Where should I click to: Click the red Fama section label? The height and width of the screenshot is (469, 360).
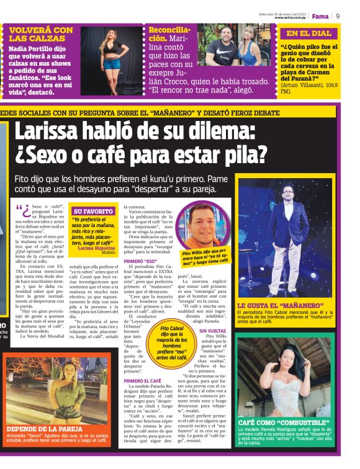[320, 16]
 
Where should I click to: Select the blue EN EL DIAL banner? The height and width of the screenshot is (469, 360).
[308, 33]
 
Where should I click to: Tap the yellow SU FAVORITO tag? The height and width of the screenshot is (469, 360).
[93, 211]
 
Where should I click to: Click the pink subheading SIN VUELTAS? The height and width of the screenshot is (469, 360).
[212, 331]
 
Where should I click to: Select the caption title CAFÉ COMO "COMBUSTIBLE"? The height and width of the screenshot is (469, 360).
[277, 422]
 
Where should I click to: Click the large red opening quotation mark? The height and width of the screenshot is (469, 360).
[22, 211]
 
